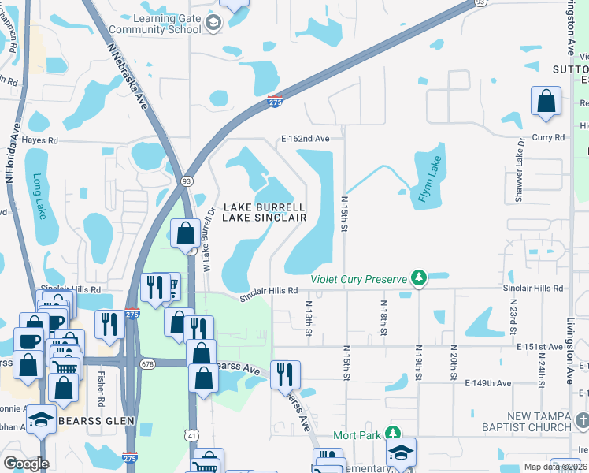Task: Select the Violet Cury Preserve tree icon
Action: click(x=420, y=278)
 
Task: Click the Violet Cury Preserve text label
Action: click(x=358, y=278)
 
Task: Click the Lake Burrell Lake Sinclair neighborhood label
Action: click(x=264, y=213)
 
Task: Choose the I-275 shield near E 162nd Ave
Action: click(x=275, y=100)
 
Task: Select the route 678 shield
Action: click(x=148, y=363)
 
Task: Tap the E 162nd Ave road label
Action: click(x=305, y=139)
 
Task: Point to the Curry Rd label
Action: click(x=548, y=137)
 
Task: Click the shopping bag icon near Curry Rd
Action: click(x=546, y=102)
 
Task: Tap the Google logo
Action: click(x=27, y=464)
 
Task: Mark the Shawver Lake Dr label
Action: click(x=520, y=169)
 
